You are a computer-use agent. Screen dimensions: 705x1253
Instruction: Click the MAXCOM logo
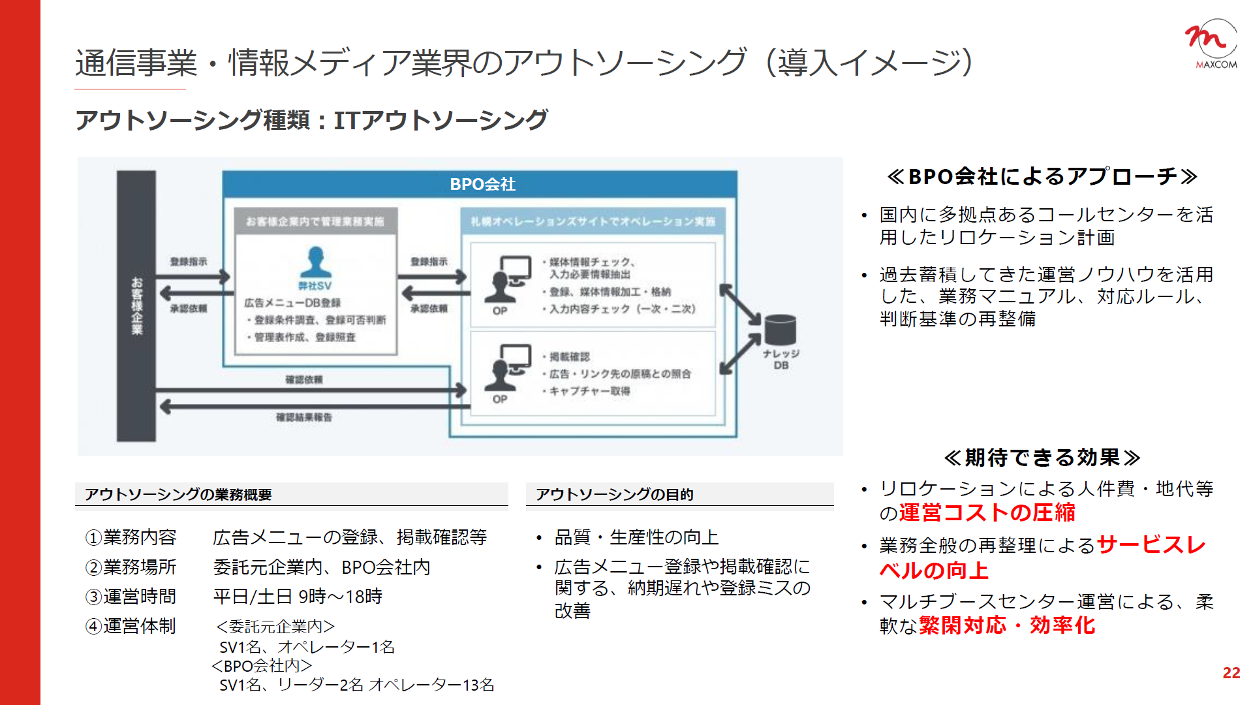point(1211,44)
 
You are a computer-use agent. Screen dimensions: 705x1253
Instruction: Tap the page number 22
point(1231,673)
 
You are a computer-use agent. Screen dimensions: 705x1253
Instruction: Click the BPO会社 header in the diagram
point(482,184)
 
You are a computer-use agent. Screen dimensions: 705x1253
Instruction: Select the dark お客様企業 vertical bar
point(136,305)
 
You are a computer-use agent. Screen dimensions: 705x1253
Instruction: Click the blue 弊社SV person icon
point(315,262)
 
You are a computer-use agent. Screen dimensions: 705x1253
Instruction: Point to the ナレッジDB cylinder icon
point(781,330)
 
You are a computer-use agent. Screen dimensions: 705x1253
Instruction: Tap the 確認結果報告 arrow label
point(303,417)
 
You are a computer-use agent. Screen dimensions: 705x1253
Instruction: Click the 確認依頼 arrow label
point(303,379)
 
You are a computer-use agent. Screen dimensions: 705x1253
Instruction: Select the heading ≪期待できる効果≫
point(1042,458)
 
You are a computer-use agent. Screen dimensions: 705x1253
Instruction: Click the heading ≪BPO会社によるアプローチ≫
point(1042,176)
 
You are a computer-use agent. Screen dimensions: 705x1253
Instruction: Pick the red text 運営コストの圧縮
point(987,513)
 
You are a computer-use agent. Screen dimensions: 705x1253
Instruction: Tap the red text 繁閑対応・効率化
point(1007,625)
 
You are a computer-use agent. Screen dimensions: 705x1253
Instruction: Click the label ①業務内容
point(131,537)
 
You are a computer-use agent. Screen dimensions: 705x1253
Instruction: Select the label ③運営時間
point(131,597)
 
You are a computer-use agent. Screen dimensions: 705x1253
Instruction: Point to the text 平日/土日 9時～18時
point(298,597)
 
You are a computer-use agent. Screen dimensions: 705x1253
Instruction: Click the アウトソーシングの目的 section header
point(614,495)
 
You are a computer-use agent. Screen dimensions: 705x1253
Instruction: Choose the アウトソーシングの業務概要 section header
point(178,495)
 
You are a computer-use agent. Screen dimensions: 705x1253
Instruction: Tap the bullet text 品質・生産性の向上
point(636,537)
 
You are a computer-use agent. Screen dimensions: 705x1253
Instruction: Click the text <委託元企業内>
point(275,627)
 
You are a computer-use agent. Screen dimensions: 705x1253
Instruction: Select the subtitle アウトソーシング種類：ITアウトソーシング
point(311,120)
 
